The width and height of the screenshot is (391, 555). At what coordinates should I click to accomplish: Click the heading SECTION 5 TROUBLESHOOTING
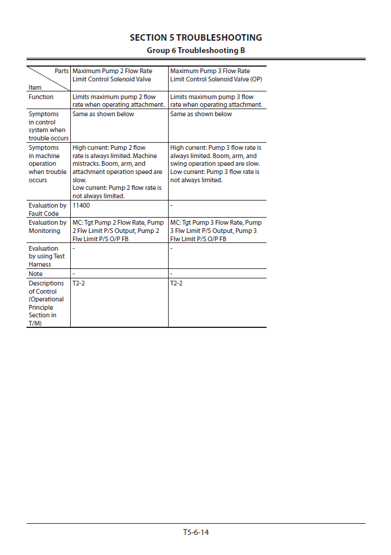tap(196, 38)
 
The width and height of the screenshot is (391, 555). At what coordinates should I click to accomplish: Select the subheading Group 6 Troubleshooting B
tap(196, 50)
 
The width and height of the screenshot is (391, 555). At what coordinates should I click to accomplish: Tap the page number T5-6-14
tap(196, 532)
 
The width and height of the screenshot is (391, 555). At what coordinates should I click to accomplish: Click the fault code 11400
tap(81, 206)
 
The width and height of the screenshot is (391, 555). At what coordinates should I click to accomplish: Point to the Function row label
tap(41, 97)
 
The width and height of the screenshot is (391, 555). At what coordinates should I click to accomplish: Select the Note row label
tap(35, 274)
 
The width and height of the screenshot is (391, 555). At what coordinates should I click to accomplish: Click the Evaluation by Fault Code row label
tap(47, 209)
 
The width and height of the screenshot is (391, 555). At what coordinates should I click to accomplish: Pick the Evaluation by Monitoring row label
tap(47, 226)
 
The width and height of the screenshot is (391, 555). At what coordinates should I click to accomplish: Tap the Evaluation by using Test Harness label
tap(47, 256)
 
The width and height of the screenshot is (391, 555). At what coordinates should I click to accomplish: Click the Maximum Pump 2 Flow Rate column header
tap(112, 75)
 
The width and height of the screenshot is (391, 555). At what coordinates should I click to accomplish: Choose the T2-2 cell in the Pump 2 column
tap(79, 284)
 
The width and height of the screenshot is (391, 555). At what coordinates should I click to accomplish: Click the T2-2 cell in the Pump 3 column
tap(176, 284)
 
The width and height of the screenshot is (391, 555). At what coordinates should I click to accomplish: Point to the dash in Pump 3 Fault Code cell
tap(171, 206)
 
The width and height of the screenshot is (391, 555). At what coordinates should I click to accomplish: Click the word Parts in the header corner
tap(61, 71)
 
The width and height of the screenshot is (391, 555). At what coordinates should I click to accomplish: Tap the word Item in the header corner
tap(35, 87)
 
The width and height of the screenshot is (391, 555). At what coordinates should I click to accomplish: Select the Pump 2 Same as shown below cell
tap(103, 114)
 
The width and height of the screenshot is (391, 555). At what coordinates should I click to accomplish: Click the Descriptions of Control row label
tap(46, 303)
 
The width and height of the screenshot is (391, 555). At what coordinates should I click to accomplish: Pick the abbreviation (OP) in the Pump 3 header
tap(256, 79)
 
